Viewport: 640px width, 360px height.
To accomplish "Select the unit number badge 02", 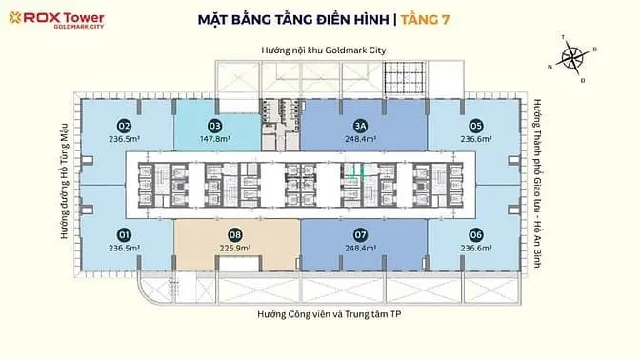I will coord(124,125).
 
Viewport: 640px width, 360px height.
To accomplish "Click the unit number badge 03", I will coord(215,125).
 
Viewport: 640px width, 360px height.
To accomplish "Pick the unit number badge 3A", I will coord(359,125).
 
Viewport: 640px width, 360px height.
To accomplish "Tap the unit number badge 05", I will coord(475,125).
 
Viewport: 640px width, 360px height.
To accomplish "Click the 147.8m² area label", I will coord(216,138).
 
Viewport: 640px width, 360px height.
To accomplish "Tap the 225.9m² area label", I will coord(234,248).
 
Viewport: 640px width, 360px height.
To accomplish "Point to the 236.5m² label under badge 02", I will coord(124,138).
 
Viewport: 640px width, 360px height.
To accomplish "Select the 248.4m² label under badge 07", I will coord(359,248).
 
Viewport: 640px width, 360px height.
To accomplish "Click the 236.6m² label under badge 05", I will coord(475,138).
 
